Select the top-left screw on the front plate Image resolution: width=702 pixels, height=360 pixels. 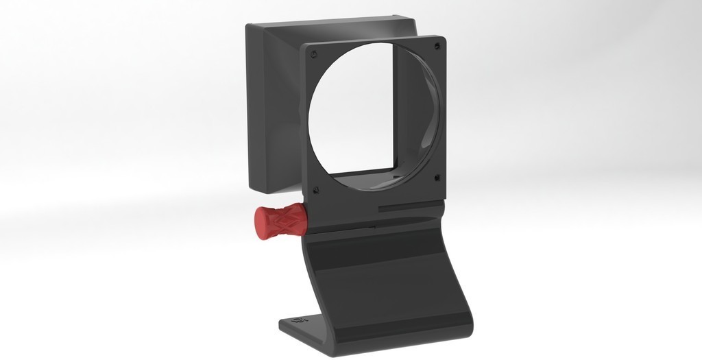tap(313, 53)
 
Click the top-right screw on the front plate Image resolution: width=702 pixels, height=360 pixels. tap(436, 46)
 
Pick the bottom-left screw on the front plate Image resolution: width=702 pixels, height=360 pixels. tap(315, 189)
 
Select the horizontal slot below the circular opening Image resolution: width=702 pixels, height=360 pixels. tap(407, 204)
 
